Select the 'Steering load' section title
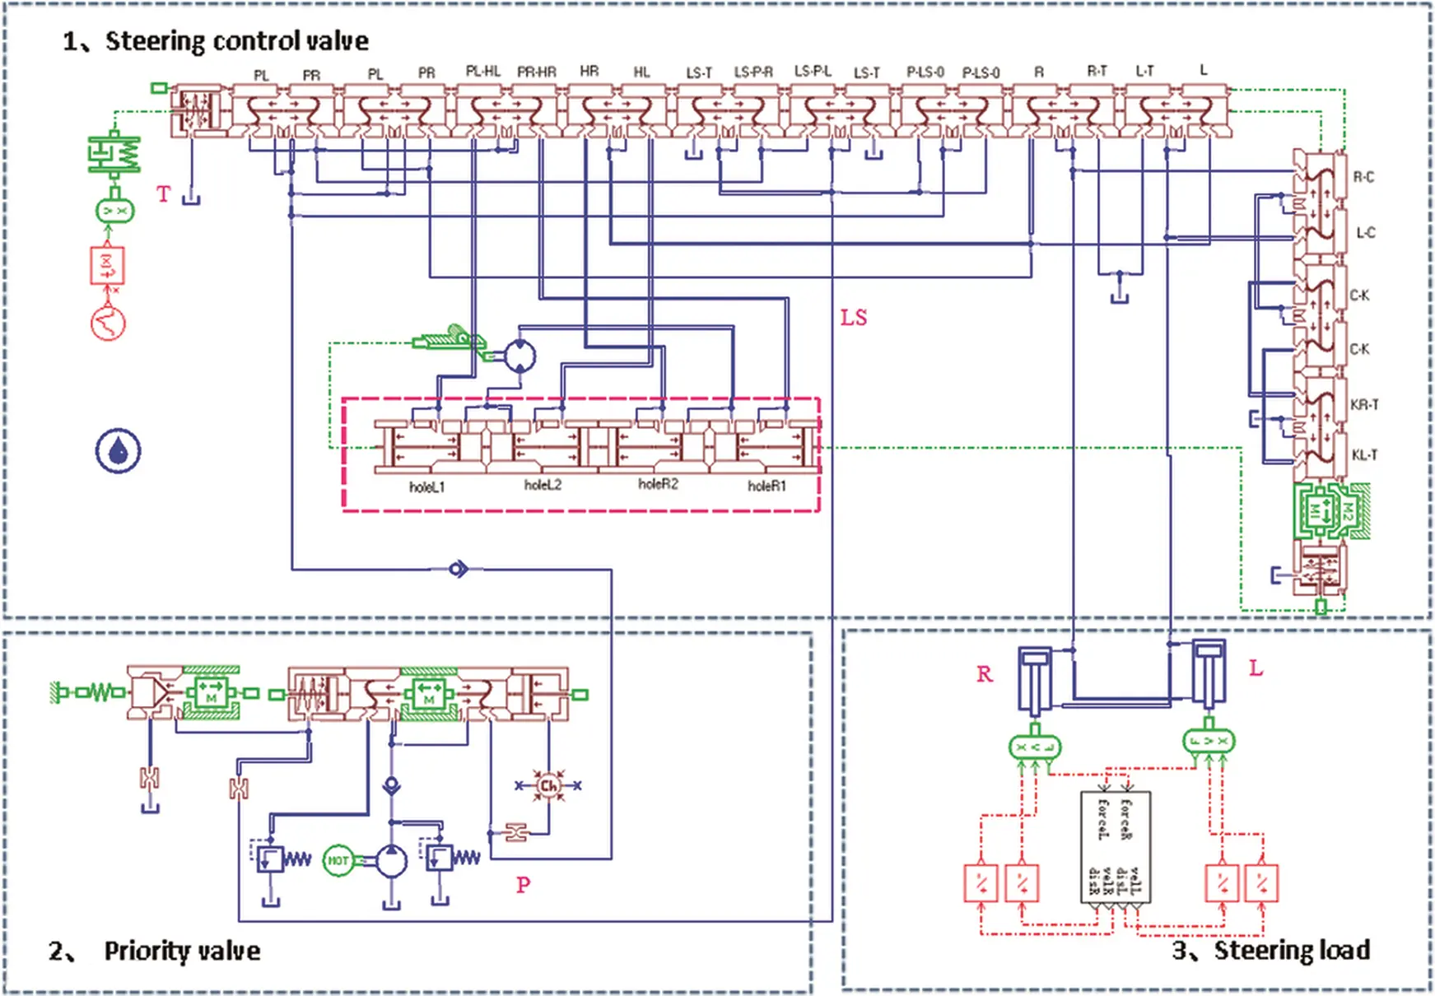coord(1291,950)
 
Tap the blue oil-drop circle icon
coord(119,451)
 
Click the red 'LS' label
coord(854,318)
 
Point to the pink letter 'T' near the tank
coord(163,194)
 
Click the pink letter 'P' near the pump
coord(523,885)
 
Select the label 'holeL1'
coord(426,487)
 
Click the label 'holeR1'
coord(766,486)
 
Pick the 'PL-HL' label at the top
coord(483,72)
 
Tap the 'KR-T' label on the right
coord(1364,405)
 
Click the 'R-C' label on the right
coord(1363,177)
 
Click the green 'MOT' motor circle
coord(338,861)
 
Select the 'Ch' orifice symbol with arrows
coord(548,785)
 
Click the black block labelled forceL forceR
coord(1116,848)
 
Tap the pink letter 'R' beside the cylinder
coord(985,674)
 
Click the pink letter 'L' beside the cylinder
coord(1256,668)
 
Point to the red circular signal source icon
coord(108,322)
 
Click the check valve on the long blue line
coord(459,569)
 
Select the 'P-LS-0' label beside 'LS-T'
coord(925,72)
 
